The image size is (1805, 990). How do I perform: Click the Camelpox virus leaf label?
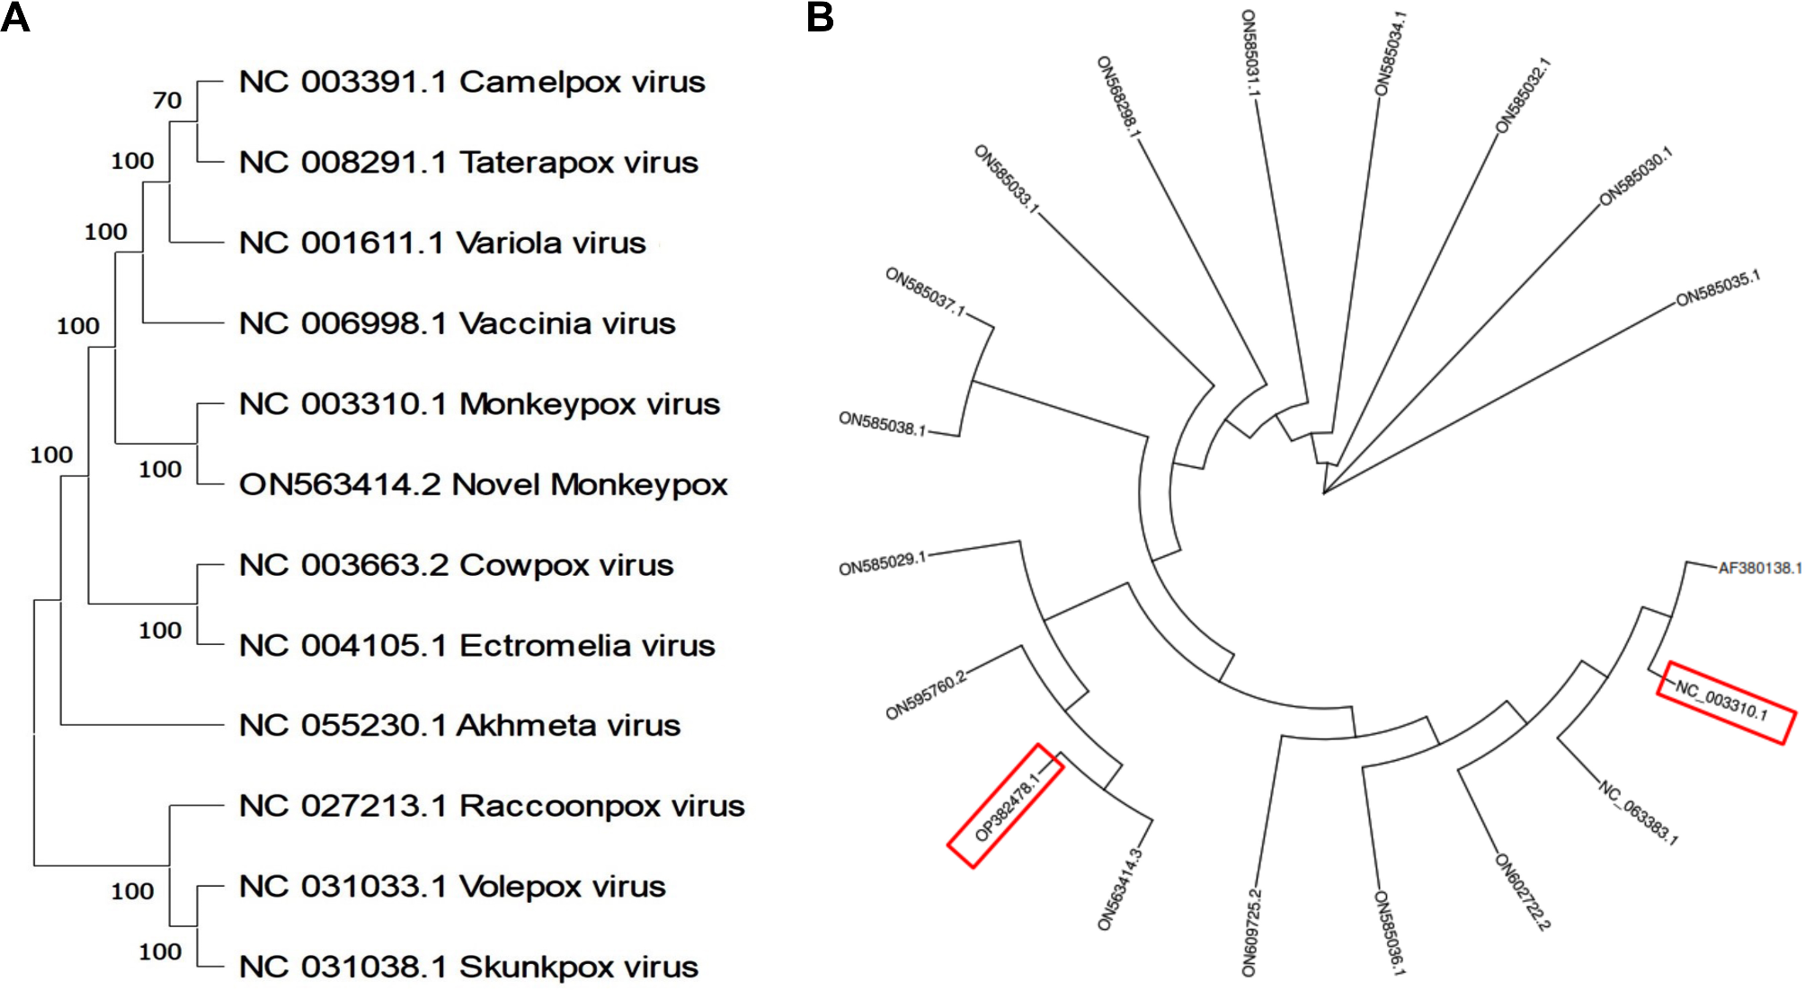point(472,82)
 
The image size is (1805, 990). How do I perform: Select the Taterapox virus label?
point(468,163)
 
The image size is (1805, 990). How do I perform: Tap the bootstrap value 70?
point(167,100)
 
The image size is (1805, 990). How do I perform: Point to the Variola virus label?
point(442,243)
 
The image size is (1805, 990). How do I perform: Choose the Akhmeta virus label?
point(459,725)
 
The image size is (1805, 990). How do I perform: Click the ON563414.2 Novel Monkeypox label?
point(483,484)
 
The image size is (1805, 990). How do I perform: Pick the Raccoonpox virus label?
point(492,806)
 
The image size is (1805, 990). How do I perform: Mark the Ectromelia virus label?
point(476,645)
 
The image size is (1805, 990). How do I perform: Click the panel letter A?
point(15,18)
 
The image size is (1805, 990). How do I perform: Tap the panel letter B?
point(819,18)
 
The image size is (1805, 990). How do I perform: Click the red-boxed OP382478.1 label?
point(1007,806)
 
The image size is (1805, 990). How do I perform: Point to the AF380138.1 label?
point(1758,568)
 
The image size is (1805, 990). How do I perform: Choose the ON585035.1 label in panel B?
point(1718,288)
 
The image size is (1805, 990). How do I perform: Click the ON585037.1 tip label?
point(925,292)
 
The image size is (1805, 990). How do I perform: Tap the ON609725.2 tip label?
point(1251,933)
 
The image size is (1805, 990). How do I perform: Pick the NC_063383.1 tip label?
point(1638,813)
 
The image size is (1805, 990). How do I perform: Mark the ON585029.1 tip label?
point(882,564)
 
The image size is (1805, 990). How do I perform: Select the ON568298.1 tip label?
point(1118,97)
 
